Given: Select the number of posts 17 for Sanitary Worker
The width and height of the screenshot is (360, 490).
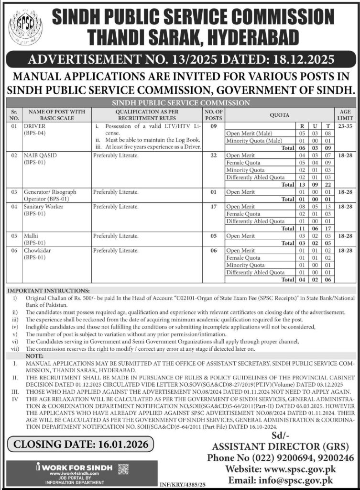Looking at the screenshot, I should pyautogui.click(x=213, y=207).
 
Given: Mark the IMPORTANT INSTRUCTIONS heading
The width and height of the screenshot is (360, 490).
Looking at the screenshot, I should pyautogui.click(x=46, y=290).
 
